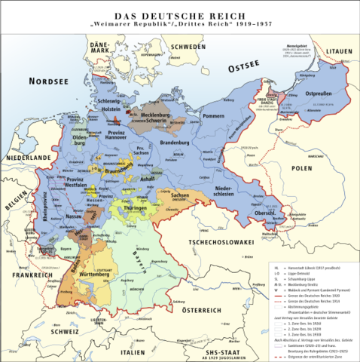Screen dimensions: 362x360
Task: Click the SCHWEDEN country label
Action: pyautogui.click(x=188, y=47)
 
